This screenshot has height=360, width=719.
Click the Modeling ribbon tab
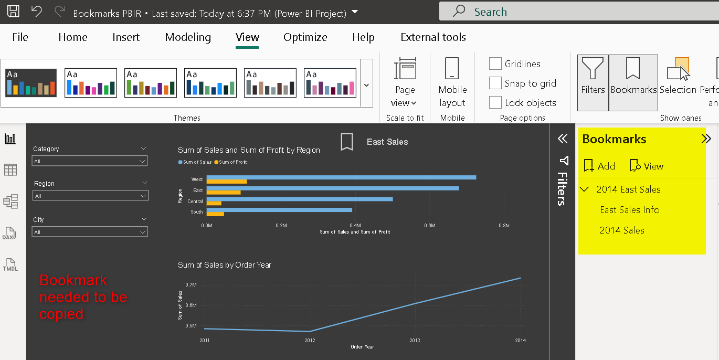[188, 37]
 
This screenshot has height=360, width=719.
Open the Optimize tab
[305, 37]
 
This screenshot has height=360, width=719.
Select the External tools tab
[433, 37]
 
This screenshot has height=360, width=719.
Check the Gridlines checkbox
[495, 64]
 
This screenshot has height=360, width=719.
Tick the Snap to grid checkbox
[495, 83]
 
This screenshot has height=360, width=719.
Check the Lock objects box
[495, 103]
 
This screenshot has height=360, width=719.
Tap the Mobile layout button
[452, 83]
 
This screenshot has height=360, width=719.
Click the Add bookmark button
[599, 166]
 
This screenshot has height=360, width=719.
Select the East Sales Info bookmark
[629, 210]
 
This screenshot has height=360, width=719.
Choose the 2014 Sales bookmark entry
[622, 230]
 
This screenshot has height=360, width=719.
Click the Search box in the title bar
[577, 12]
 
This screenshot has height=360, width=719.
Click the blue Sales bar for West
[341, 177]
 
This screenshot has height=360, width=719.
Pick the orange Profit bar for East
[224, 193]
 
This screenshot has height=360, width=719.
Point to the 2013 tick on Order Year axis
[415, 341]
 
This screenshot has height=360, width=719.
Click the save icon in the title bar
[13, 12]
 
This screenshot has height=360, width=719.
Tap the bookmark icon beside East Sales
[347, 142]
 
